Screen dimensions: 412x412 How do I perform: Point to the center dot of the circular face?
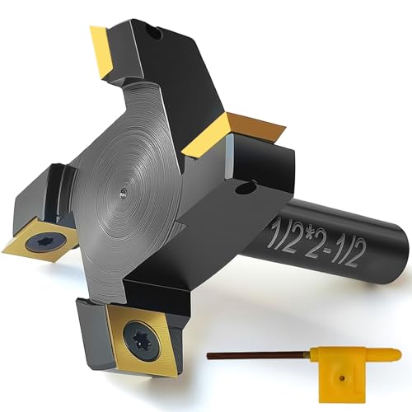[x=123, y=193]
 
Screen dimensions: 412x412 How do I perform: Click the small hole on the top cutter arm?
[x=156, y=33]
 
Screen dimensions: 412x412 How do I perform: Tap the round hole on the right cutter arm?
[x=244, y=189]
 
